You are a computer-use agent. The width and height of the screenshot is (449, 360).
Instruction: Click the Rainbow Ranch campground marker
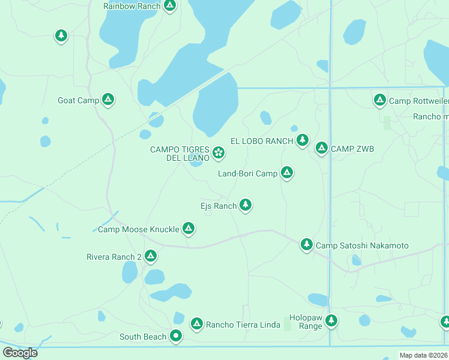pyautogui.click(x=170, y=5)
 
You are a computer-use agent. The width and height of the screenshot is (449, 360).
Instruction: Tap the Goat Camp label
pyautogui.click(x=79, y=100)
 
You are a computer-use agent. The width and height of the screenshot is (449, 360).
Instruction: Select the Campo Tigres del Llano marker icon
pyautogui.click(x=218, y=152)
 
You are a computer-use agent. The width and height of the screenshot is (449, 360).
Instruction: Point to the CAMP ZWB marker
pyautogui.click(x=321, y=148)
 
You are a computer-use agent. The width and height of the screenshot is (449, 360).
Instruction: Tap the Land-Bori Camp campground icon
pyautogui.click(x=287, y=173)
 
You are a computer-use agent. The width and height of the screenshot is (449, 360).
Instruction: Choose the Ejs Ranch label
pyautogui.click(x=218, y=206)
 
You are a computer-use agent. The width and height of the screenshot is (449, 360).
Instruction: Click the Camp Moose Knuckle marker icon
pyautogui.click(x=188, y=228)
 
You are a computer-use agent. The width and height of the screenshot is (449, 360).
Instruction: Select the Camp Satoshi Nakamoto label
pyautogui.click(x=362, y=245)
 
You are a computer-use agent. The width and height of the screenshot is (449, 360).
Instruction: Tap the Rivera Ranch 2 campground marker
pyautogui.click(x=150, y=256)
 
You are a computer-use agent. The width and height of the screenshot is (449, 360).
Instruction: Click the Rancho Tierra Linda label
pyautogui.click(x=243, y=325)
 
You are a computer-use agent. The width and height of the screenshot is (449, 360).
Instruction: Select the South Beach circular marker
pyautogui.click(x=175, y=336)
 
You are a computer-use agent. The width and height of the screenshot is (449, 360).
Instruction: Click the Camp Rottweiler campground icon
pyautogui.click(x=379, y=100)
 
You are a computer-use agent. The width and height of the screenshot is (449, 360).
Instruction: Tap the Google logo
pyautogui.click(x=20, y=352)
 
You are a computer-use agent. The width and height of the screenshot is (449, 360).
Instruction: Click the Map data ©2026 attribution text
pyautogui.click(x=423, y=355)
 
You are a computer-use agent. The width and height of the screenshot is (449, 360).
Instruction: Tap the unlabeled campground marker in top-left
pyautogui.click(x=61, y=35)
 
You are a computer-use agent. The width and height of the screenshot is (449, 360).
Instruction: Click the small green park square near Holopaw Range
pyautogui.click(x=287, y=325)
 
